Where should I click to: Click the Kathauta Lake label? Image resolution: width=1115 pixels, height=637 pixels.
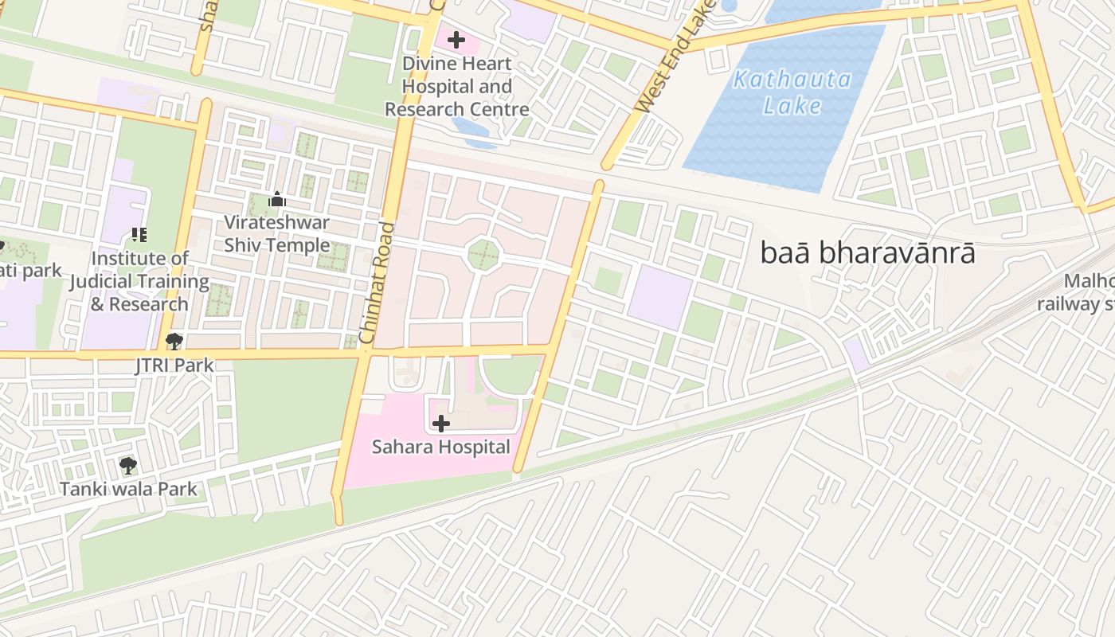click(792, 92)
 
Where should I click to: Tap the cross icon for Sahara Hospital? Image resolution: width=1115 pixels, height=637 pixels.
click(440, 424)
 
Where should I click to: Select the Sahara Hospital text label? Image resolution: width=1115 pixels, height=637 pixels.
click(440, 447)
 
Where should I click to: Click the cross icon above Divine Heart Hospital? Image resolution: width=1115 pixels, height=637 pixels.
click(456, 39)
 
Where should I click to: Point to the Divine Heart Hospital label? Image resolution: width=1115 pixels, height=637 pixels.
click(456, 86)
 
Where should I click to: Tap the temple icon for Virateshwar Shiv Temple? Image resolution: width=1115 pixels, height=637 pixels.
click(276, 199)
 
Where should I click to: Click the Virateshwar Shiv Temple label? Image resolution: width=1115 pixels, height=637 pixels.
click(276, 233)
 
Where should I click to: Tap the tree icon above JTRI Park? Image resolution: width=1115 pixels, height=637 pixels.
click(174, 342)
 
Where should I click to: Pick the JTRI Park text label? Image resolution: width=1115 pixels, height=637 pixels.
click(174, 365)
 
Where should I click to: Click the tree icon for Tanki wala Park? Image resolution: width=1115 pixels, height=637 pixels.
click(127, 465)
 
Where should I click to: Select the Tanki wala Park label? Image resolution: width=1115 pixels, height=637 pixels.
click(127, 488)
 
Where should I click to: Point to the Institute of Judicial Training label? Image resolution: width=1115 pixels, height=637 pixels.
click(139, 281)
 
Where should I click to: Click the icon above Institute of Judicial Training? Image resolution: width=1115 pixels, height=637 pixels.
click(139, 235)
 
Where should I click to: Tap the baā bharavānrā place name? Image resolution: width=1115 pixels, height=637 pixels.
click(867, 254)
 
